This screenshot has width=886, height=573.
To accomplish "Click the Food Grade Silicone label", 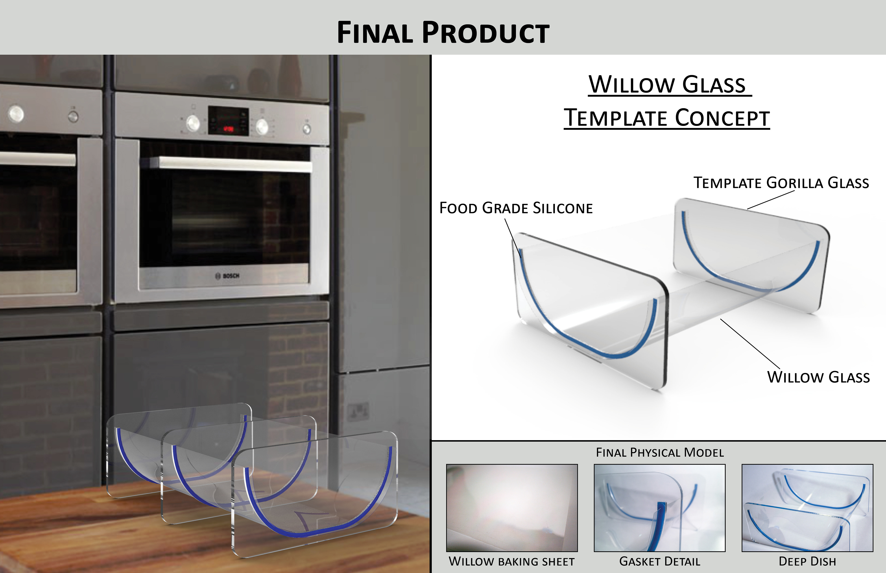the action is click(516, 208).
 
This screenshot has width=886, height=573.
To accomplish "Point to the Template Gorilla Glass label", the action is click(781, 183).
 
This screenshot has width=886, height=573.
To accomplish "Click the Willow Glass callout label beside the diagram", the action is click(818, 377).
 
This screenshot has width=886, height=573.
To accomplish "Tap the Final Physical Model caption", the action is click(660, 452).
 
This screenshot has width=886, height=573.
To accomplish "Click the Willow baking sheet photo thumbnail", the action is click(512, 508).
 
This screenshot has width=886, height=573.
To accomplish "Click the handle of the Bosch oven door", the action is click(231, 164).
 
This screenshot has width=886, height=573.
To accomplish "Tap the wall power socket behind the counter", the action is click(358, 412).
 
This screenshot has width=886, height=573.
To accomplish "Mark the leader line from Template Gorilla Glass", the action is click(771, 200).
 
